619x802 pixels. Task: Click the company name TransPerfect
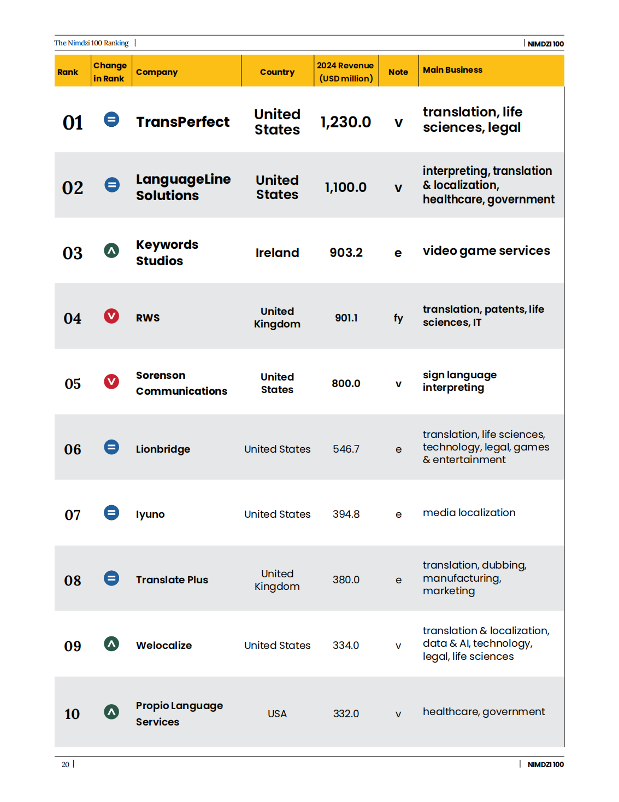(x=182, y=122)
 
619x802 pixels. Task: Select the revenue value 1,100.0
(x=346, y=188)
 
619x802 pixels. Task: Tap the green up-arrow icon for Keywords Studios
(x=111, y=251)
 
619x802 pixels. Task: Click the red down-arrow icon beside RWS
(x=111, y=316)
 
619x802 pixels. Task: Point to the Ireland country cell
(x=277, y=253)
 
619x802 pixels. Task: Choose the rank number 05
(x=73, y=384)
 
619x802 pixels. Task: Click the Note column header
(x=398, y=72)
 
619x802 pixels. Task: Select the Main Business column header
(x=452, y=70)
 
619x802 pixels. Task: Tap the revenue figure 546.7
(x=346, y=449)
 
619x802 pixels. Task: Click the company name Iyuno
(x=150, y=514)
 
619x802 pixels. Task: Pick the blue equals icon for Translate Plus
(x=111, y=578)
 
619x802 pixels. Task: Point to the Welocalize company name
(x=164, y=646)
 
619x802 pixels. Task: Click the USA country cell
(x=277, y=714)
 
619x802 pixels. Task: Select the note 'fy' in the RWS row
(x=398, y=318)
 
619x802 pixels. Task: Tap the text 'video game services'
(x=486, y=251)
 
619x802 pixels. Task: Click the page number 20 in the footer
(x=66, y=764)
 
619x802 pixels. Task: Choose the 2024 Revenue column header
(x=346, y=72)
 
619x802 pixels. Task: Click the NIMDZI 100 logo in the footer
(x=545, y=764)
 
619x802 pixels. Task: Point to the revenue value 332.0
(x=346, y=714)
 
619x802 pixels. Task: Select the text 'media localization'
(x=469, y=513)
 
